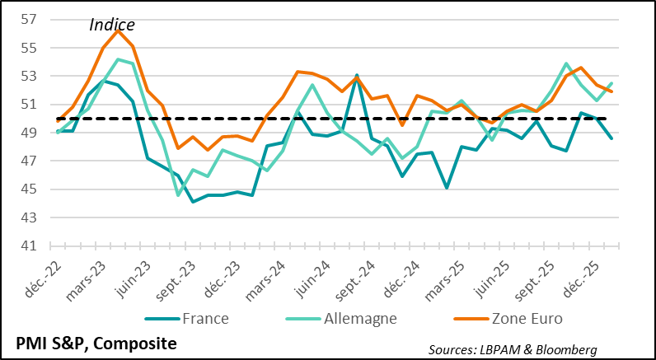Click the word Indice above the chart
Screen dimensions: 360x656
(111, 26)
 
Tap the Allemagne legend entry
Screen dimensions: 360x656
(363, 318)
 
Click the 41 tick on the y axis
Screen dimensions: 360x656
(30, 245)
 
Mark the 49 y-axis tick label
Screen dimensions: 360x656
(30, 133)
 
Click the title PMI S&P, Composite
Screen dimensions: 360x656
(96, 343)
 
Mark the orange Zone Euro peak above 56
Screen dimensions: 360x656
(118, 30)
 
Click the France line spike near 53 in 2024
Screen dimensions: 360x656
(357, 75)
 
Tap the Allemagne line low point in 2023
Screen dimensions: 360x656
(178, 195)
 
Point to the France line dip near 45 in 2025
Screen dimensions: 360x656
(446, 188)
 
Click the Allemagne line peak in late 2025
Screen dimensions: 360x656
(566, 63)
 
